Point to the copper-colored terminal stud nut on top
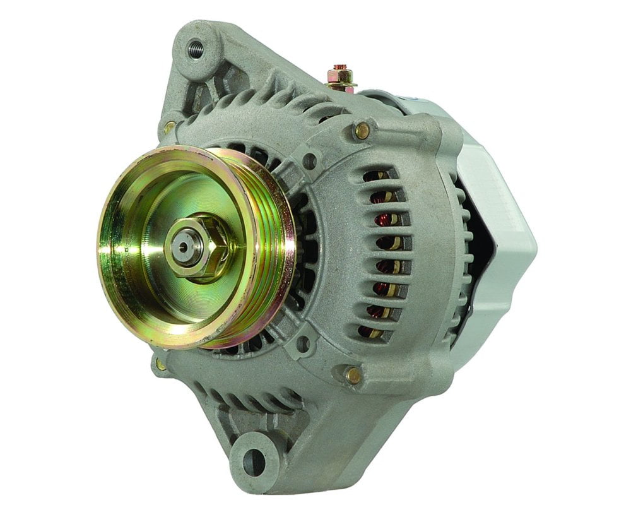pyautogui.click(x=341, y=76)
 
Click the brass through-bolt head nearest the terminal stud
pyautogui.click(x=362, y=131)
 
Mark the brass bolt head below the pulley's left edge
pyautogui.click(x=161, y=364)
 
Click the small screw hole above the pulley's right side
pyautogui.click(x=309, y=161)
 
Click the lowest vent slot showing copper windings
pyautogui.click(x=372, y=330)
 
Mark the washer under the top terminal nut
pyautogui.click(x=341, y=86)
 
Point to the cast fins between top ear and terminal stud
pyautogui.click(x=278, y=101)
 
